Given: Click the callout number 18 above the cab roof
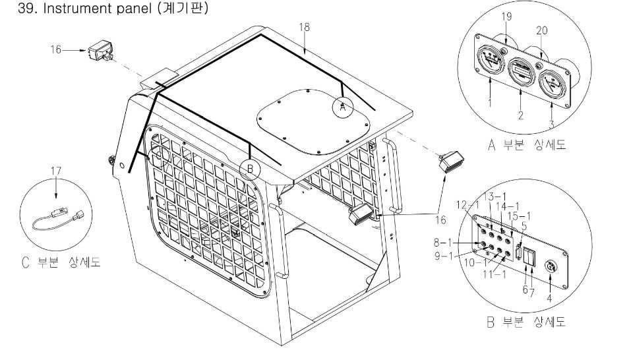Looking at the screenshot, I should tap(304, 28).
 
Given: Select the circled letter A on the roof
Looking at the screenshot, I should tap(342, 106).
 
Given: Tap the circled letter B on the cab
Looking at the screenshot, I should tap(251, 169).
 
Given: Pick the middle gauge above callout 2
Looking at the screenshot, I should tap(520, 71).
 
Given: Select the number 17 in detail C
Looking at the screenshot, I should tap(56, 171).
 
